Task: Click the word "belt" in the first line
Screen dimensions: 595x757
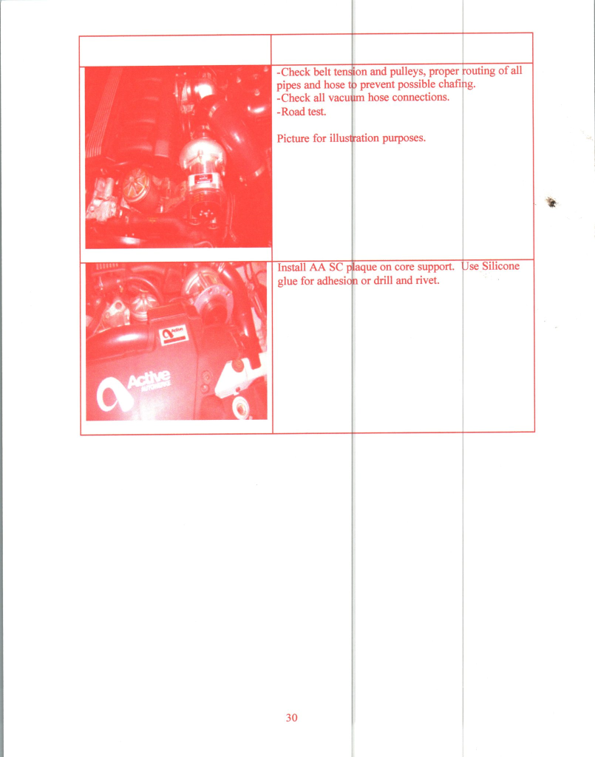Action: [322, 72]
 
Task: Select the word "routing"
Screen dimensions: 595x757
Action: [479, 71]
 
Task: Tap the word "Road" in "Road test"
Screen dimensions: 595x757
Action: [293, 112]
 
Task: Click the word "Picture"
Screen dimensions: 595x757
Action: [293, 138]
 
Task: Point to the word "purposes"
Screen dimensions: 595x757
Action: [404, 138]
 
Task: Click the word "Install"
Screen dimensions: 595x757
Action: [292, 268]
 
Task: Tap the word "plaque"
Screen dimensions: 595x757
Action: [362, 267]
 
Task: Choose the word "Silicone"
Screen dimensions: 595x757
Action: [501, 266]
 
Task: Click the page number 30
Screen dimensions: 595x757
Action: [291, 718]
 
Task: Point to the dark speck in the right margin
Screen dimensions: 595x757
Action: [552, 203]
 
